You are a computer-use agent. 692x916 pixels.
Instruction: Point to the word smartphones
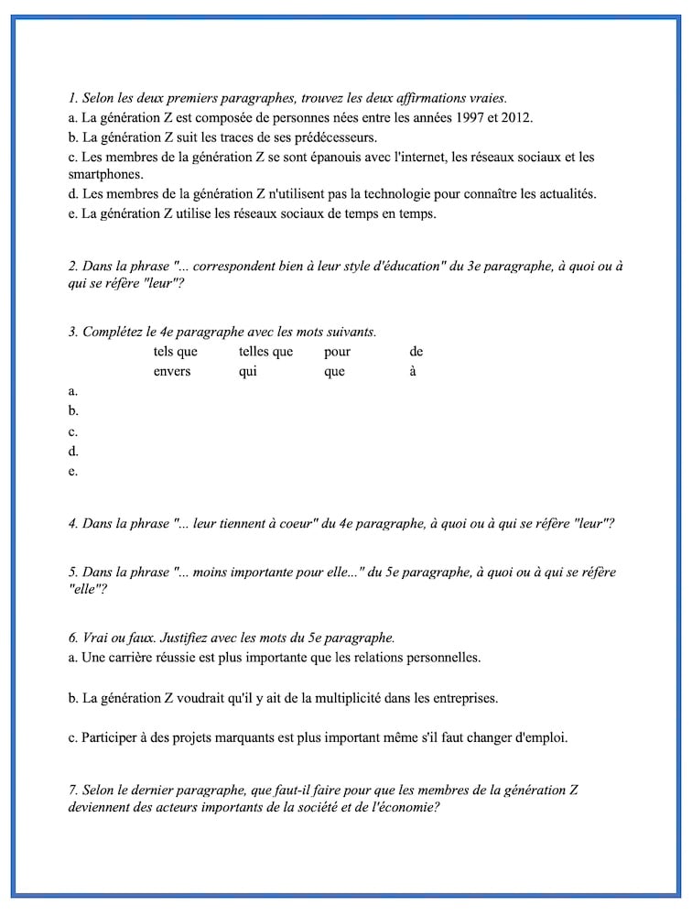click(x=104, y=173)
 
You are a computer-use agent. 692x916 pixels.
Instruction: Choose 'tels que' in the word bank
click(x=175, y=352)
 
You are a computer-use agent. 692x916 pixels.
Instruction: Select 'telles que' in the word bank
click(x=265, y=352)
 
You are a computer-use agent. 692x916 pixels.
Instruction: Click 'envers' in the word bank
click(x=172, y=372)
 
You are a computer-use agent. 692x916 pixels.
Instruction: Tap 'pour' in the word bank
click(x=337, y=352)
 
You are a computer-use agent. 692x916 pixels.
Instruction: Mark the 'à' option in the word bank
click(x=413, y=372)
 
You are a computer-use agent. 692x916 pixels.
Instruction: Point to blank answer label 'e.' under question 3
click(x=73, y=472)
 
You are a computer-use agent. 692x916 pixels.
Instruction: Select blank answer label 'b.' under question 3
click(x=73, y=411)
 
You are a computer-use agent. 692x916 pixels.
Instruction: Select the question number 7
click(x=72, y=790)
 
